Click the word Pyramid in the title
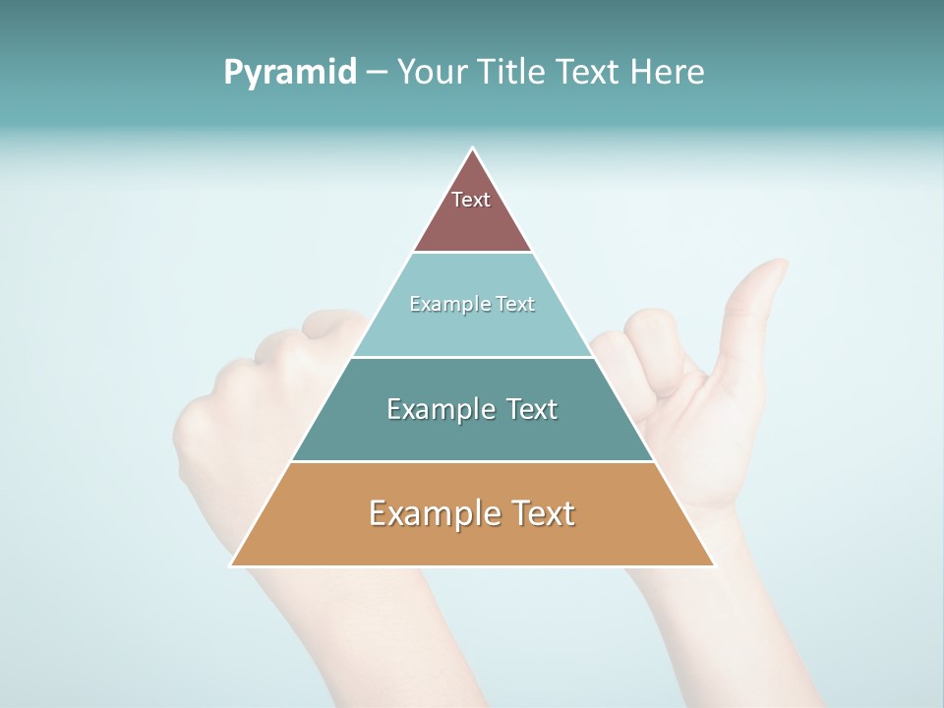coord(290,73)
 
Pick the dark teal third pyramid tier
coord(472,433)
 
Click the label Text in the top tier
coord(471,200)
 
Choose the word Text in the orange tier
coord(537,513)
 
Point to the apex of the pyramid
coord(473,149)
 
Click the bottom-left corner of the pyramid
coord(232,564)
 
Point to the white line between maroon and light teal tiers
coord(472,252)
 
